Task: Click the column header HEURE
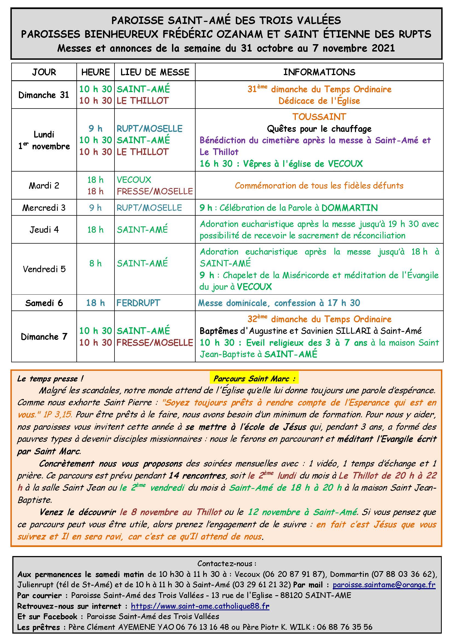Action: coord(95,72)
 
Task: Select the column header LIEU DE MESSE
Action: coord(155,72)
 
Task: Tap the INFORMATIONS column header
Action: coord(319,72)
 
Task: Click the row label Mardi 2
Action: coord(44,186)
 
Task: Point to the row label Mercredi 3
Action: coord(44,208)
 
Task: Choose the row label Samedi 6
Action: coord(44,303)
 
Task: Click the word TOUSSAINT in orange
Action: coord(319,117)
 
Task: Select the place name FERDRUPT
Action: coord(138,303)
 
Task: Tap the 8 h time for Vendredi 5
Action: coord(95,263)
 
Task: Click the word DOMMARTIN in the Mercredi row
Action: coord(349,208)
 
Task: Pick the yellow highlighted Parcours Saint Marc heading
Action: coord(254,379)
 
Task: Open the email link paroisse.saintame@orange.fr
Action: coord(384,585)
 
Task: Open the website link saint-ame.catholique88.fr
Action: coord(200,606)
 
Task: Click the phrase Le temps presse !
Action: coord(50,379)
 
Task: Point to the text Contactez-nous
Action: coord(226,564)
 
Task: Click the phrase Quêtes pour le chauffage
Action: coord(319,129)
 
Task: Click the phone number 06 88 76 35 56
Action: coord(345,627)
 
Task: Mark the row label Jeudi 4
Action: coord(44,230)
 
